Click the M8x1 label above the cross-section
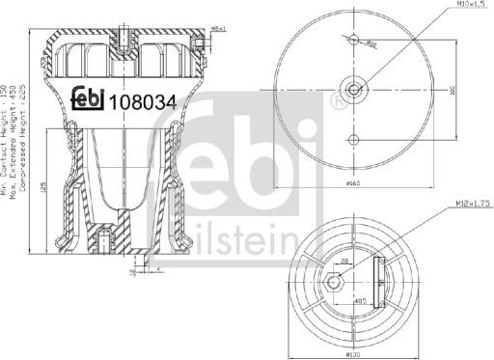[x=220, y=29]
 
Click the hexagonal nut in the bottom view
[x=335, y=282]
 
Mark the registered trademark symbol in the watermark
[x=335, y=98]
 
